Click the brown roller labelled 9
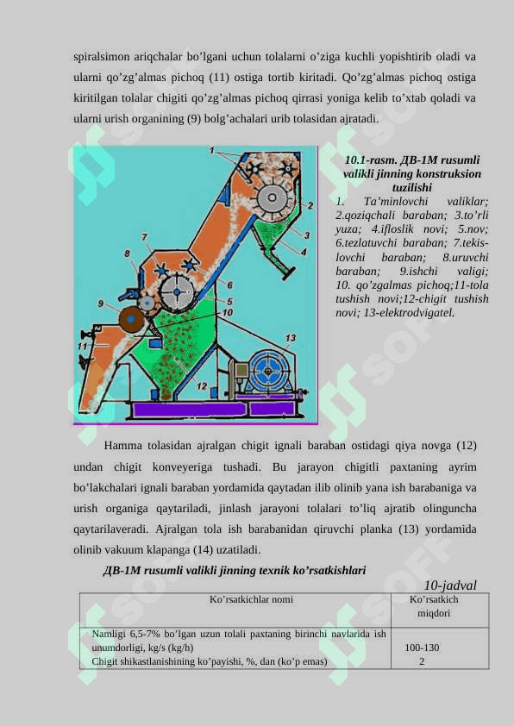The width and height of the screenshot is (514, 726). point(131,320)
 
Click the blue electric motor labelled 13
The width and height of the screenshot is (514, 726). point(268,371)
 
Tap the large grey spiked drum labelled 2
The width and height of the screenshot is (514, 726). point(273,198)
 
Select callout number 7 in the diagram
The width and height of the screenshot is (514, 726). point(145,237)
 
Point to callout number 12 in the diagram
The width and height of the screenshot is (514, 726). point(202,385)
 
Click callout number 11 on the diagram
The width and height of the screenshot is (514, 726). point(83,346)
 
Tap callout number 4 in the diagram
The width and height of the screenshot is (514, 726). point(304,252)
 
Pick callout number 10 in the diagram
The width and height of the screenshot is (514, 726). point(227,312)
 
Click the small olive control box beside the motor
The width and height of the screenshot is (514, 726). point(241,371)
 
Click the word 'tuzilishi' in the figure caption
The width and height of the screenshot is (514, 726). point(412,187)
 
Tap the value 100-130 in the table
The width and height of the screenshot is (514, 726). point(422,648)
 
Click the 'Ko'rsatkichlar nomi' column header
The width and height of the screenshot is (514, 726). point(251,599)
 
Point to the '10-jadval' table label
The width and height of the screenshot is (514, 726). point(450,585)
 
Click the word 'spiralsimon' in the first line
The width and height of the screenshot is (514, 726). point(102,57)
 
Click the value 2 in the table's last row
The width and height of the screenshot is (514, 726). point(422,661)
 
